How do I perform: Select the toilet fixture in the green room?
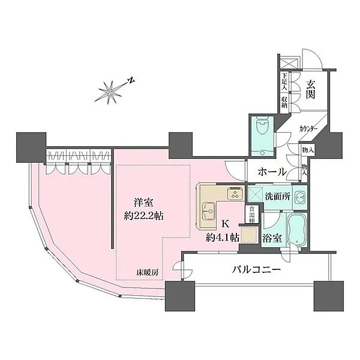[262, 127]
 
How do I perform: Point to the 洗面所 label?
[278, 197]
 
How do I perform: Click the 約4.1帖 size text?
[223, 238]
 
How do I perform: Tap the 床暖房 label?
[147, 272]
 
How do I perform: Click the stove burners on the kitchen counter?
[233, 193]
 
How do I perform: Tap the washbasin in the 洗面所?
[300, 196]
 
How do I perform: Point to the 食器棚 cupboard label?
[253, 214]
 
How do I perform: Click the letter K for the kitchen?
[225, 224]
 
